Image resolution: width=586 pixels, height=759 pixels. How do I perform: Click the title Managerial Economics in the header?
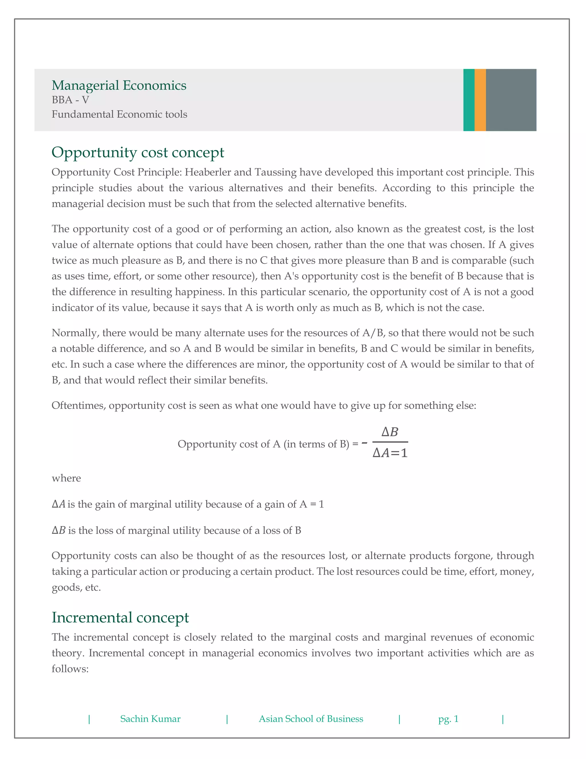point(119,85)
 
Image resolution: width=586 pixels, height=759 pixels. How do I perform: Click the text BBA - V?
point(70,100)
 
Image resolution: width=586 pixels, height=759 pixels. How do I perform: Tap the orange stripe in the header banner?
point(480,100)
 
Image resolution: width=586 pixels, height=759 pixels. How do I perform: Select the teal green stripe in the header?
point(469,100)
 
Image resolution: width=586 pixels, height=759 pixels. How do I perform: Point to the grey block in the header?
point(511,100)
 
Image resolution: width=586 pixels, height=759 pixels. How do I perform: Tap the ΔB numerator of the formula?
point(389,432)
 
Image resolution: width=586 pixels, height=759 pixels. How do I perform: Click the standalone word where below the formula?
point(66,478)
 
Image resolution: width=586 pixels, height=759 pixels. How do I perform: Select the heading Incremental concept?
point(120,617)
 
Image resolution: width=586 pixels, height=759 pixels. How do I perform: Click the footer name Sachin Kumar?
point(150,719)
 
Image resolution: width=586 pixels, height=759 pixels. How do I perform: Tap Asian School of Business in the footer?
point(311,719)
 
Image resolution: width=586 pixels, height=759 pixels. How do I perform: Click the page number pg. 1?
point(448,719)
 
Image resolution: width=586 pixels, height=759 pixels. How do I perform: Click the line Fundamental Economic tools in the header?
point(119,114)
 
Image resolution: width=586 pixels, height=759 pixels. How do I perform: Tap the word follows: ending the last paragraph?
point(70,669)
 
